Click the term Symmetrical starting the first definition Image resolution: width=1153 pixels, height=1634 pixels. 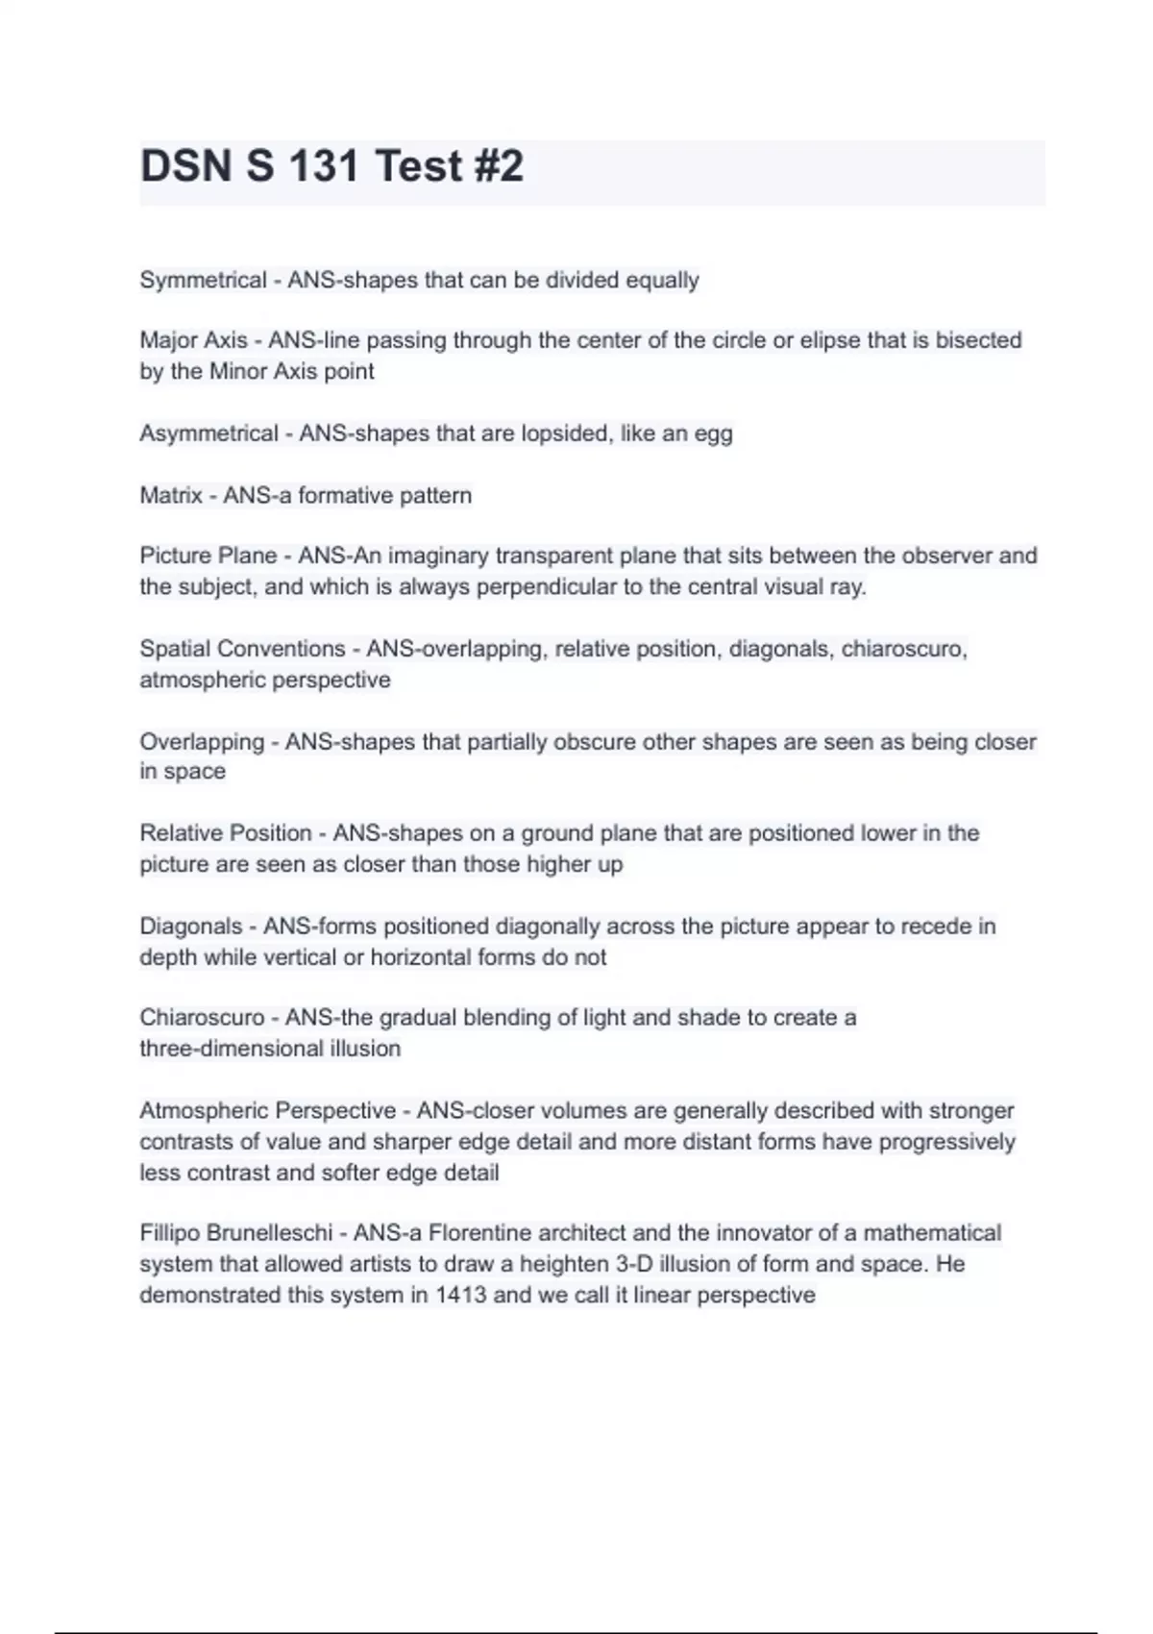(203, 281)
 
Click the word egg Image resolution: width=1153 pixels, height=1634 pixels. (713, 434)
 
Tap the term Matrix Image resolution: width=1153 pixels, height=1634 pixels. (171, 496)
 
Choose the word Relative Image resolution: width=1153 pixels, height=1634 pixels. (177, 833)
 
